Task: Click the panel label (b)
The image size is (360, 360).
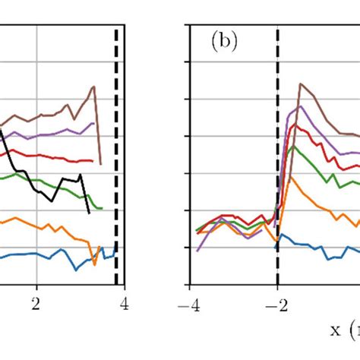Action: click(224, 43)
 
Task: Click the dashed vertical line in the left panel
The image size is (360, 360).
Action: click(115, 152)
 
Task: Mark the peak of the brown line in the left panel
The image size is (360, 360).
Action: click(94, 87)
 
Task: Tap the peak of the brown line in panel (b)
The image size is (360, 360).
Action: click(300, 83)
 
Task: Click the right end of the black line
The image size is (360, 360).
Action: click(90, 213)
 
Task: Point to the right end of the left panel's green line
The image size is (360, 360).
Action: click(102, 208)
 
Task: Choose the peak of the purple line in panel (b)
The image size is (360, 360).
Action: click(301, 106)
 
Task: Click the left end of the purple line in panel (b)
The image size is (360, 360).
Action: click(197, 251)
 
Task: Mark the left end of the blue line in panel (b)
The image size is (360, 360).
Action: click(275, 248)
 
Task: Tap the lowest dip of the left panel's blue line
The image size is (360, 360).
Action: click(76, 270)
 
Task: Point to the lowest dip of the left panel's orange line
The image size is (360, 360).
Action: click(95, 264)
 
